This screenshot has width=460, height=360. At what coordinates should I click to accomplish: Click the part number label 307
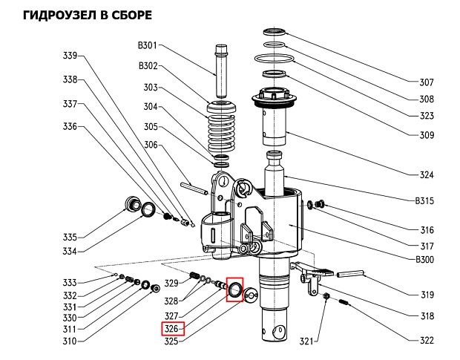(x=427, y=82)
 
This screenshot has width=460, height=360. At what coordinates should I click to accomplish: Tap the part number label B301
(x=148, y=46)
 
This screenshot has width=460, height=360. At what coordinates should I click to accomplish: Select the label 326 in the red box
(x=172, y=329)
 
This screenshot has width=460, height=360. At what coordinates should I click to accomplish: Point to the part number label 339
(x=70, y=56)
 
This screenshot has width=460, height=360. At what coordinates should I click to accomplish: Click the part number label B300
(x=425, y=260)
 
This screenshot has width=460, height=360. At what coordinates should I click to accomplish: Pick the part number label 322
(x=427, y=341)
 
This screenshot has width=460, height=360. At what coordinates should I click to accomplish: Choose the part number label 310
(x=70, y=341)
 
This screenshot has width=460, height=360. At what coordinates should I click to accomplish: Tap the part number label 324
(x=427, y=175)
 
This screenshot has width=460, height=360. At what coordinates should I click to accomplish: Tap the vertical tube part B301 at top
(x=221, y=62)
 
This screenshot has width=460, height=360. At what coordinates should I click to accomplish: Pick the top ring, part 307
(x=275, y=32)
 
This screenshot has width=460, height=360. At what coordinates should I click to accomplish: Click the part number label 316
(x=427, y=230)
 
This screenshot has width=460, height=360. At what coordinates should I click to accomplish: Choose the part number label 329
(x=171, y=283)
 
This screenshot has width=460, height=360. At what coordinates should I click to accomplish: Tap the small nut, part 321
(x=327, y=298)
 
